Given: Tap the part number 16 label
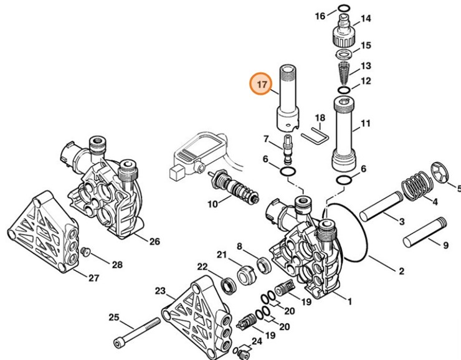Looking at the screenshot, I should coord(320,16).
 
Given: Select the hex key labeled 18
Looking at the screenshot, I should coord(313,135).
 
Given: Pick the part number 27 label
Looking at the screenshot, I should coord(93,278).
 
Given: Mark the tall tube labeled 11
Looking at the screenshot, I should coord(345,134).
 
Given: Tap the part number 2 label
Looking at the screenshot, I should coord(401,270).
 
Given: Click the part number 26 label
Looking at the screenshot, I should coord(154,241).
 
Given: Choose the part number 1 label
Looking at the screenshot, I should coord(349,303).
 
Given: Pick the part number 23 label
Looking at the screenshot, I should coord(160,291).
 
